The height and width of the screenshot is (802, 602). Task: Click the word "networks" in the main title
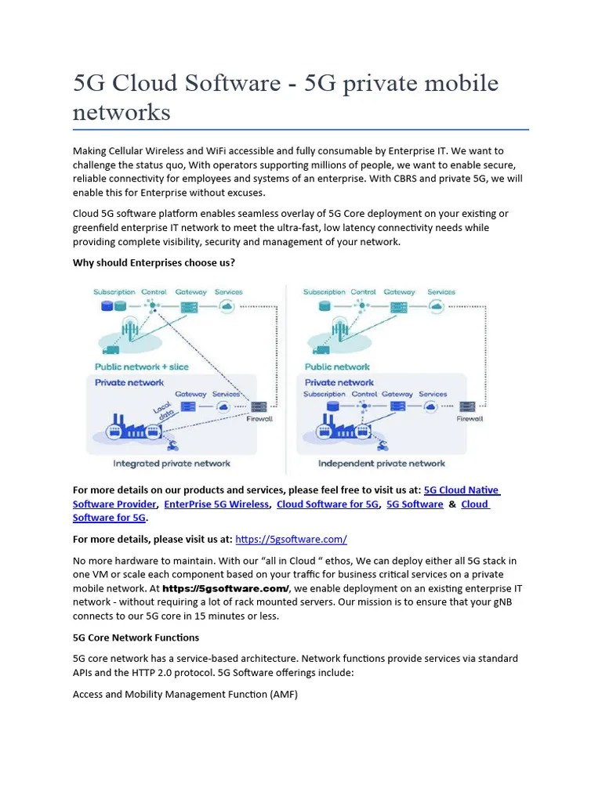121,112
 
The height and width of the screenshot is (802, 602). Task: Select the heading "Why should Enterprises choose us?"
154,262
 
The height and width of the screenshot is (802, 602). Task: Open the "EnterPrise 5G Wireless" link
216,504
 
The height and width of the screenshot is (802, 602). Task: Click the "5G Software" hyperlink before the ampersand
415,504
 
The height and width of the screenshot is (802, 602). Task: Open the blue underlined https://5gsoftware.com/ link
291,539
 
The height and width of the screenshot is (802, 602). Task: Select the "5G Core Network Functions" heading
136,638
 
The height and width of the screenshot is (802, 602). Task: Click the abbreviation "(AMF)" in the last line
281,694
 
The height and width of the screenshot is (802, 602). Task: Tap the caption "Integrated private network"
172,463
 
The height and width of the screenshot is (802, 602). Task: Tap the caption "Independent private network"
381,463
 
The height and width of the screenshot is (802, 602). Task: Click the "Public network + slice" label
141,367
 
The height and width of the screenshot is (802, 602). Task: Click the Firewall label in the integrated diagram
259,419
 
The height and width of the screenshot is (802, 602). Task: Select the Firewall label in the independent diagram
469,419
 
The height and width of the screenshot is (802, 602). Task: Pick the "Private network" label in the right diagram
339,382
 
